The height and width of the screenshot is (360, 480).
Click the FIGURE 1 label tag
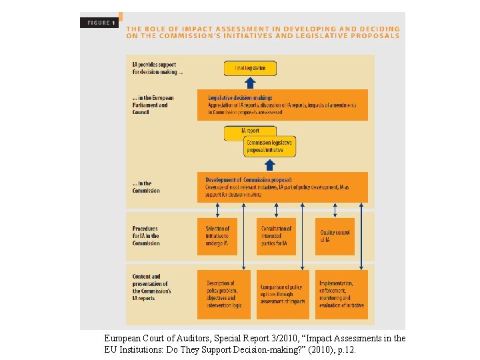pos(100,23)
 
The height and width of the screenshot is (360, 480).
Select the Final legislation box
pos(250,68)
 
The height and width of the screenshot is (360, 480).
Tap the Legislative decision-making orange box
pos(282,105)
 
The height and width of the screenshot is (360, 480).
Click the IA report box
pos(250,131)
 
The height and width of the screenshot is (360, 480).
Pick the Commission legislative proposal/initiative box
pos(269,147)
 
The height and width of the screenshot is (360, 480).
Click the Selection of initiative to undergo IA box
pos(217,236)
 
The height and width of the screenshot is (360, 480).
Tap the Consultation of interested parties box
pos(276,236)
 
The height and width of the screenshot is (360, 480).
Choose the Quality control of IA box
pos(335,236)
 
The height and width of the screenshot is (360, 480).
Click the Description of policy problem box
pos(224,294)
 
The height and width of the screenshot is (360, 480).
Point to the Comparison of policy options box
pos(283,294)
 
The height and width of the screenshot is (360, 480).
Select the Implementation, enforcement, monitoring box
pos(341,294)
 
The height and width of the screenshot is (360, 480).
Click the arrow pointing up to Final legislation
pos(250,83)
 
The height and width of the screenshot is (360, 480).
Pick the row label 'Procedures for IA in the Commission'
pos(146,236)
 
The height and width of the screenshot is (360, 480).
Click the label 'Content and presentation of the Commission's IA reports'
pos(151,287)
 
